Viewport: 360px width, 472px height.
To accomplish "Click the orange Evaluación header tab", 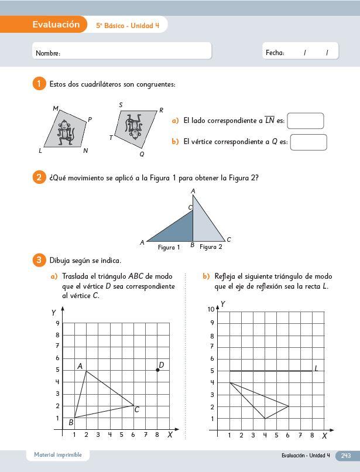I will coord(56,25).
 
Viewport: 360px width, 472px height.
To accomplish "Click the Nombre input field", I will coord(122,52).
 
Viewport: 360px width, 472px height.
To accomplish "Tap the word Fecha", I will coord(275,53).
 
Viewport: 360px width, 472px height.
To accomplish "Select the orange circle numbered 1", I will coord(39,84).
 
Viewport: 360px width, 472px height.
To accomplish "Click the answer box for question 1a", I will coord(306,121).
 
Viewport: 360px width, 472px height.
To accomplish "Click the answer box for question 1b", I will coord(308,142).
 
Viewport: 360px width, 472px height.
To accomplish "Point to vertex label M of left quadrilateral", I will coord(56,108).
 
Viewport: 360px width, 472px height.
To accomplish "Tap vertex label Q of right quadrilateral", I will coord(142,154).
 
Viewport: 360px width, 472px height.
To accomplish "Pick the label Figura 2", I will coord(211,247).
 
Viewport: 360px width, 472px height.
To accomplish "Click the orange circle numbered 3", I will coord(39,260).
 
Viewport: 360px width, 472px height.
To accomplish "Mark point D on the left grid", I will coord(157,370).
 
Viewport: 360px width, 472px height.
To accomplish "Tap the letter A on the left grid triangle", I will coord(80,366).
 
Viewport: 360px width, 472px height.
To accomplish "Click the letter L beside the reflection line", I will coord(316,368).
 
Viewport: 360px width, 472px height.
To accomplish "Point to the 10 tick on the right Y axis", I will coord(211,309).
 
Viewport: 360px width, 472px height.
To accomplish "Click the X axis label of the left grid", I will coord(170,435).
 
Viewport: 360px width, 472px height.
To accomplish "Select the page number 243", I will coord(345,455).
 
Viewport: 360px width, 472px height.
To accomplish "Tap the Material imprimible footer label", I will coord(58,455).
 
